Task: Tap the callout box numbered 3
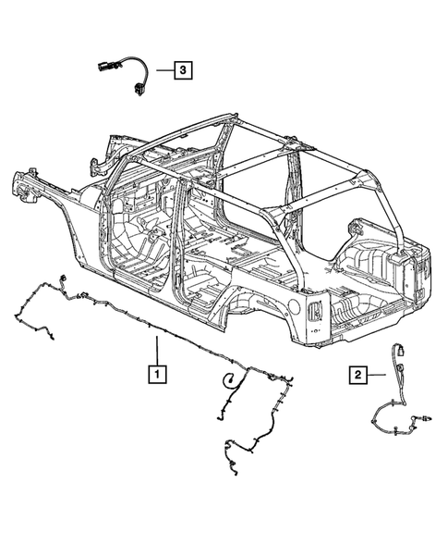pyautogui.click(x=185, y=69)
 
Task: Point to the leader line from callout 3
pyautogui.click(x=165, y=69)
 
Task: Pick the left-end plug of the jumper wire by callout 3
pyautogui.click(x=102, y=66)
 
